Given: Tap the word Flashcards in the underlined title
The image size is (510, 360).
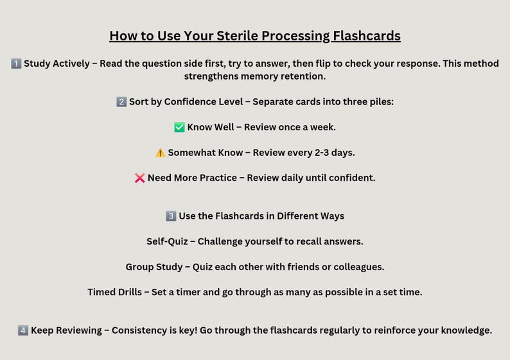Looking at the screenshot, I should point(366,36).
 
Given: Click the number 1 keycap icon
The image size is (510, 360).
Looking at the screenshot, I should point(16,64).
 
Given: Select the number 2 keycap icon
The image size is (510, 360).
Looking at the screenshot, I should point(121,102).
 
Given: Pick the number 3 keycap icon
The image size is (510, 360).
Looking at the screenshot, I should point(171,216).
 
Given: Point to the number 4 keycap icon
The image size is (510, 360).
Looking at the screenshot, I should point(23,330).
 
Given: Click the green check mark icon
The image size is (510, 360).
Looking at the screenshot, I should point(179,127).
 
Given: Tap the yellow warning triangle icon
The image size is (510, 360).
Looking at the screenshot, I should point(160,153).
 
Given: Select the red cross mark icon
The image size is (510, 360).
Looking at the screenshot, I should point(140,178).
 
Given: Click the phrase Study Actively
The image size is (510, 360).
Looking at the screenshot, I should point(57,64).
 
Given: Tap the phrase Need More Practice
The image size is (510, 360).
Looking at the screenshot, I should point(192,178).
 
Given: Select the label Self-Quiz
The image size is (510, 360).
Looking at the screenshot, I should point(167,241).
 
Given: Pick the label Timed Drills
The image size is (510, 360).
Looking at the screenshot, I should point(114,292).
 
